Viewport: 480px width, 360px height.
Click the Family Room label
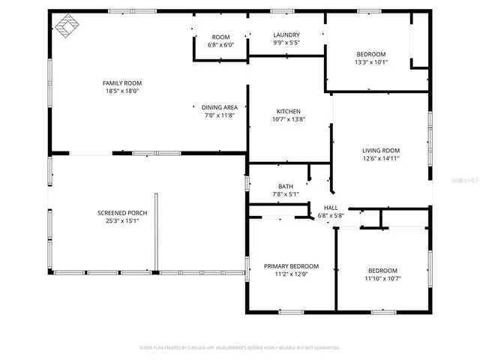tap(121, 82)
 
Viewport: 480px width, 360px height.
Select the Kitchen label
tap(289, 111)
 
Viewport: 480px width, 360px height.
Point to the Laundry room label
tap(286, 34)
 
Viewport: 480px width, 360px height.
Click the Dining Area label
tap(220, 107)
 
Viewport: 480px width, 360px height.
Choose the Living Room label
tap(381, 150)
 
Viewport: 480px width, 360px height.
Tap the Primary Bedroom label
tap(291, 266)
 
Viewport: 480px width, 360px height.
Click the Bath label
tap(286, 187)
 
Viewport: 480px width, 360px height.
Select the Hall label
tap(331, 208)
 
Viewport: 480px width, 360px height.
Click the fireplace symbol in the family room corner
tap(68, 26)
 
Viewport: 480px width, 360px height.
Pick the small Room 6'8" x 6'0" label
tap(220, 37)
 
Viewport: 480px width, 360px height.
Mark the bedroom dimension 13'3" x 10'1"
tap(371, 62)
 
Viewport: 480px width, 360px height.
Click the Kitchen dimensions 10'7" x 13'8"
tap(289, 119)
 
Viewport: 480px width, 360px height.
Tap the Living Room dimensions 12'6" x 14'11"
tap(381, 158)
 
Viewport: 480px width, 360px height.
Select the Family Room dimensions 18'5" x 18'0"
tap(121, 91)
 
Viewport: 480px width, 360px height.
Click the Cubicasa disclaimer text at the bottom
tap(240, 347)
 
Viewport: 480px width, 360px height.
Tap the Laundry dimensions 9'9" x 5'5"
tap(286, 43)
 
